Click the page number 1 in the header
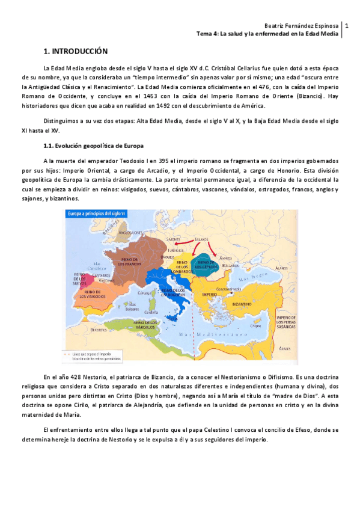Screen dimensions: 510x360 click(x=347, y=26)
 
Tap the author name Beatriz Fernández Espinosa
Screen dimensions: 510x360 click(x=302, y=26)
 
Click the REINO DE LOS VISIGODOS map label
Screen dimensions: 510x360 click(x=92, y=294)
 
